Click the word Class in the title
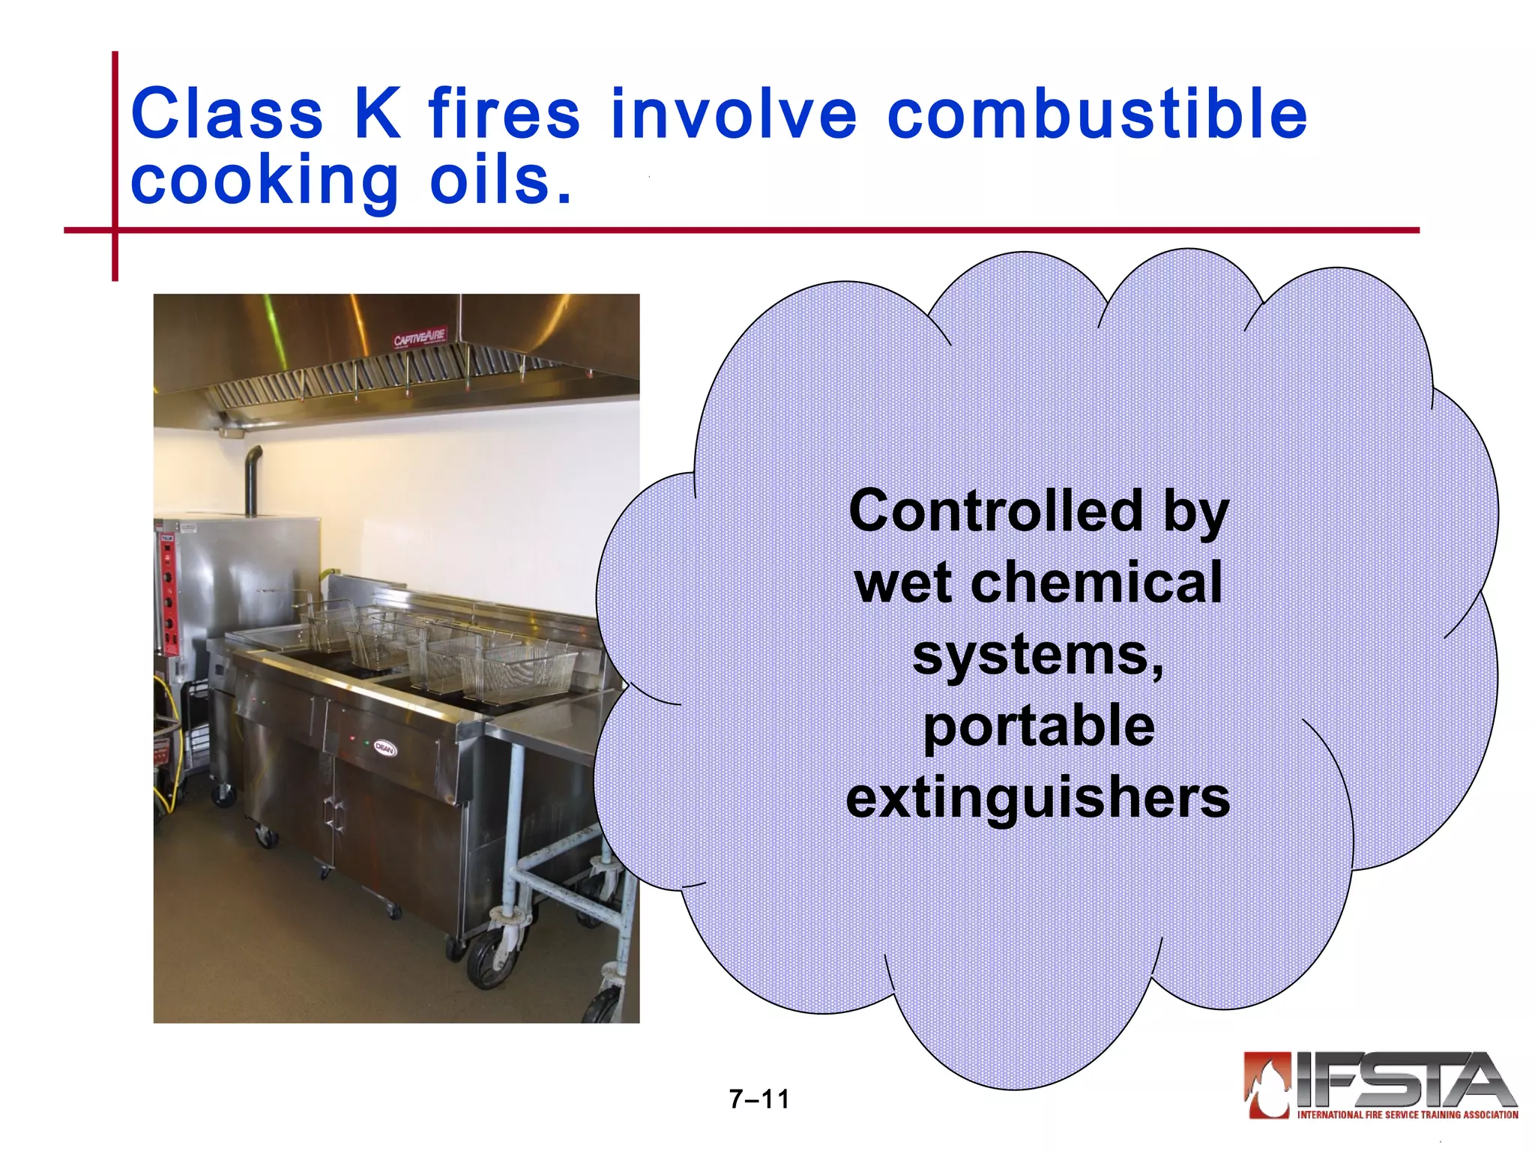226,114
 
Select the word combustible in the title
1097,114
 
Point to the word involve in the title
733,114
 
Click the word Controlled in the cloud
995,511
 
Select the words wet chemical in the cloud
1038,583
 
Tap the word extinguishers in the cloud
1038,797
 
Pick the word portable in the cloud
1038,727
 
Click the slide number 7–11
759,1099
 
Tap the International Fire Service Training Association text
1408,1115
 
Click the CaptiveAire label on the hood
420,337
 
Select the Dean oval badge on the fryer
384,748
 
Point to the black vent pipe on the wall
253,480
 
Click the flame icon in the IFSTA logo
1267,1084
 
